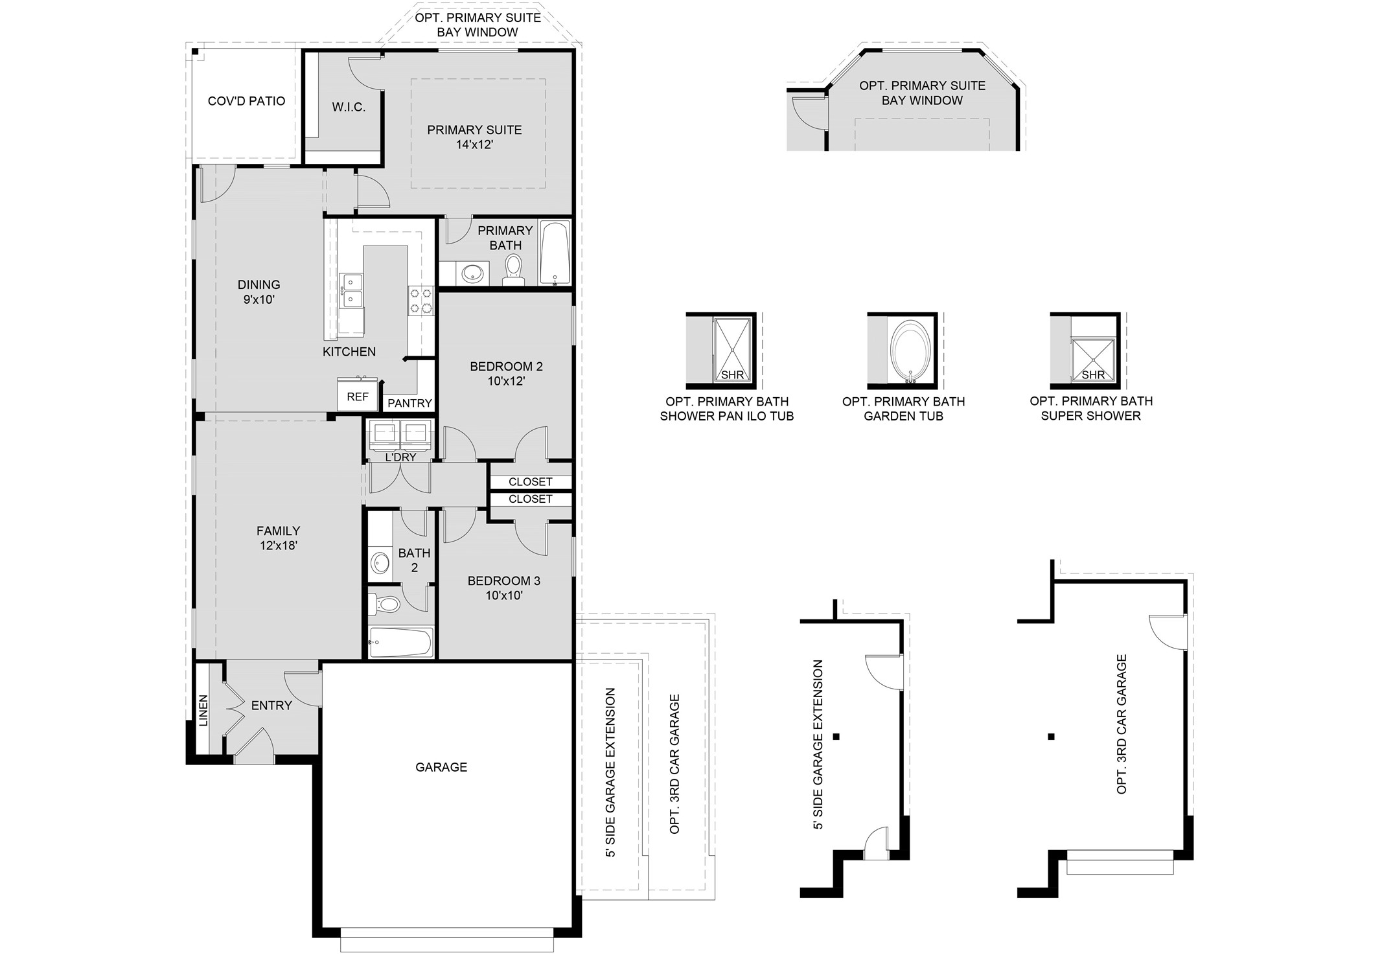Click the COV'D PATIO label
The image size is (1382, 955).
click(x=246, y=101)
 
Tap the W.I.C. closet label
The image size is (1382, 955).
click(x=349, y=108)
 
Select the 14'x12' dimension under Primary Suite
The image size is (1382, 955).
click(x=474, y=144)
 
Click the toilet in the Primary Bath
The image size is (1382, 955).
click(x=513, y=268)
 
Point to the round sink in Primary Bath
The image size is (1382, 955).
click(x=475, y=273)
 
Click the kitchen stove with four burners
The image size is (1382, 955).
click(x=420, y=301)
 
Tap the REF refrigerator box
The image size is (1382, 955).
click(x=358, y=396)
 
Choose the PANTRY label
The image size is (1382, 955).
click(x=409, y=403)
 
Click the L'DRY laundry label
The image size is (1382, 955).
click(x=400, y=457)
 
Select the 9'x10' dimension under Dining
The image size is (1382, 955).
click(x=259, y=299)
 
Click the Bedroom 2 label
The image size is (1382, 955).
click(x=506, y=366)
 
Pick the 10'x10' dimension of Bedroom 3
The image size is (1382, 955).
click(x=503, y=595)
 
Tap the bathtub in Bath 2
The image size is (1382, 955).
click(x=400, y=642)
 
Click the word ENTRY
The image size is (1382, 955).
click(x=271, y=706)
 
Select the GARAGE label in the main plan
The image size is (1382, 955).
click(x=441, y=767)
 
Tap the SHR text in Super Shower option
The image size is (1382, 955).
click(x=1093, y=374)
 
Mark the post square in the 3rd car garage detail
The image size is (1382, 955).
click(x=1051, y=736)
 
